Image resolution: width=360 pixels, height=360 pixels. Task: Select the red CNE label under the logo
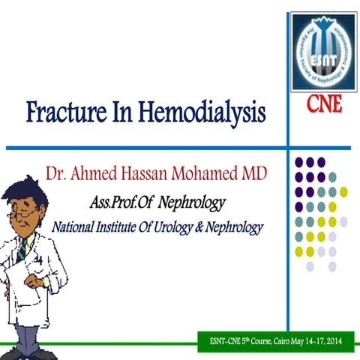[324, 104]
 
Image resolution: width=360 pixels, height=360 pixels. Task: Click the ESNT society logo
[323, 49]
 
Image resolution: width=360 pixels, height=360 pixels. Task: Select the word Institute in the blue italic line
[120, 226]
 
